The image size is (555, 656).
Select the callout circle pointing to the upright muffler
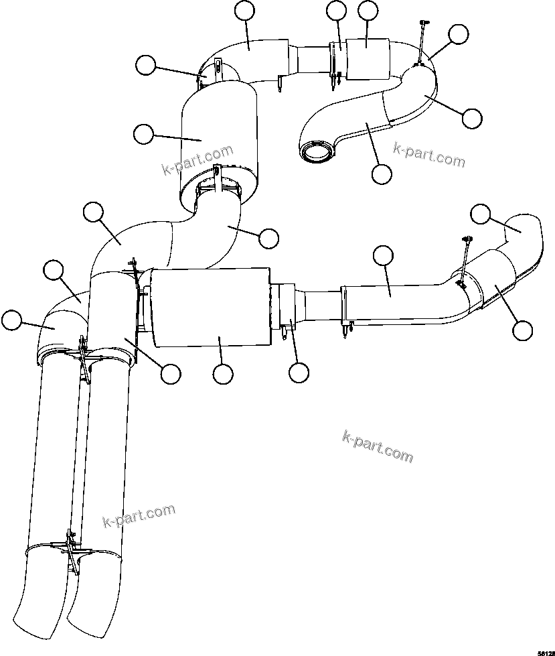point(143,133)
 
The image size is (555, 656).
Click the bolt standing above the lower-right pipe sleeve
point(465,255)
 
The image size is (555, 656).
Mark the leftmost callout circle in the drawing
point(11,320)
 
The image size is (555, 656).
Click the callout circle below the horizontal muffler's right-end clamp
point(299,373)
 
